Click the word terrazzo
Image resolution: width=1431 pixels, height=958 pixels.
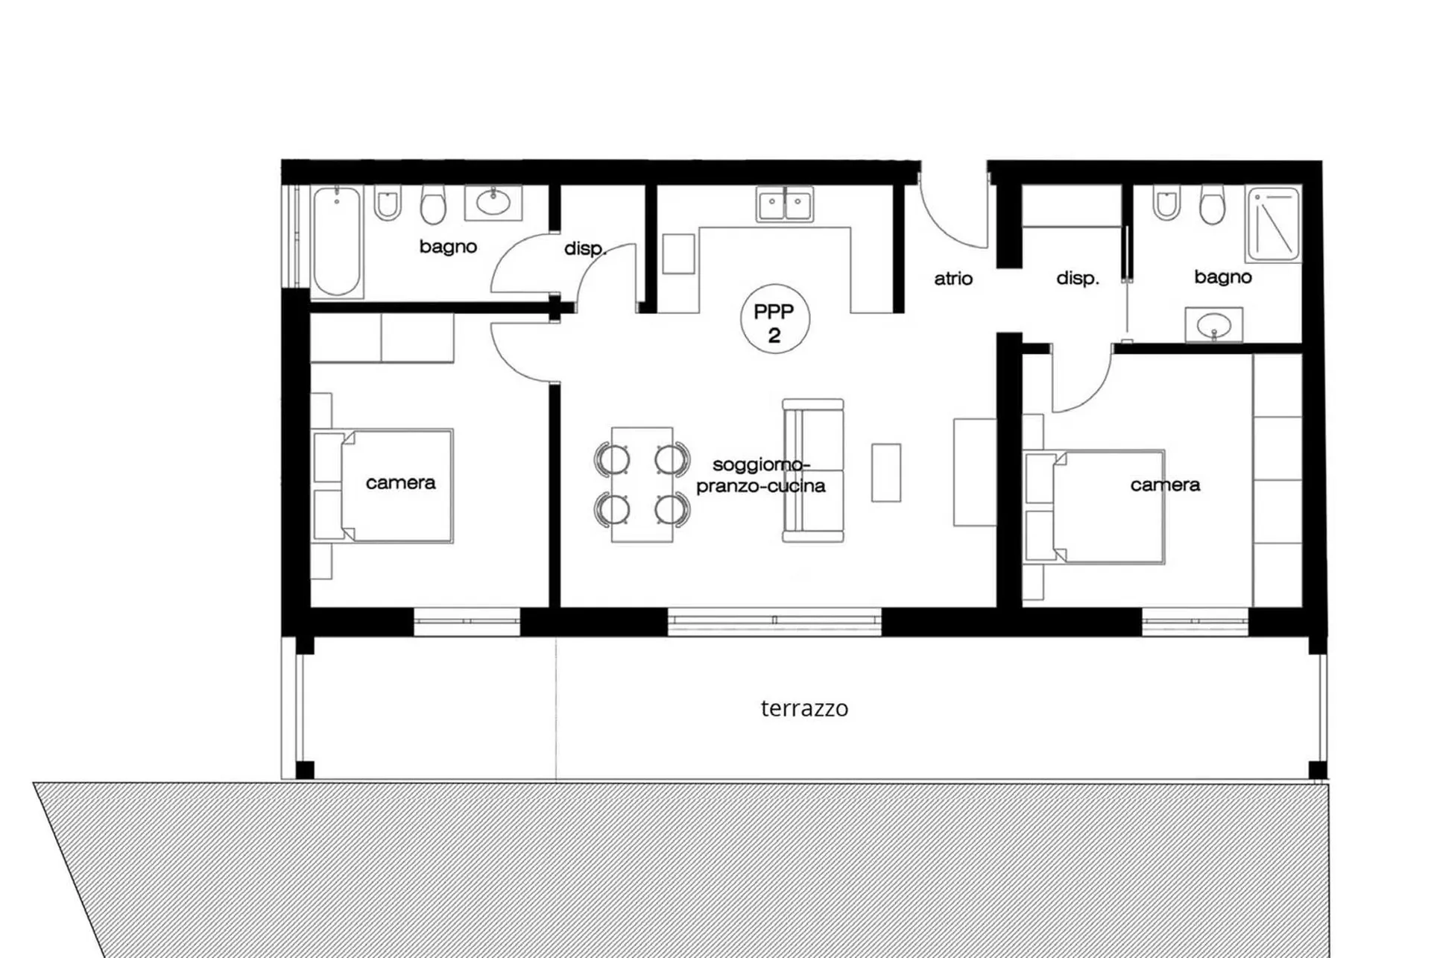pos(804,708)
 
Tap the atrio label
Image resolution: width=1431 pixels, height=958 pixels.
pos(953,279)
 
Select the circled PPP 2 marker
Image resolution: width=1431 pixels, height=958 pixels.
pos(774,319)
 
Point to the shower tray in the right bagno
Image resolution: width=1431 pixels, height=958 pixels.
pos(1274,224)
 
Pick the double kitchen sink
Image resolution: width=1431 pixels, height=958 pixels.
pos(785,204)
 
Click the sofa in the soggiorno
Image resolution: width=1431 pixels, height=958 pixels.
pos(813,470)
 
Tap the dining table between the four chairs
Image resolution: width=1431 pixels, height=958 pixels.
pos(642,485)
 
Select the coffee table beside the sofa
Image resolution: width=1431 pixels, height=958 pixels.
pos(886,473)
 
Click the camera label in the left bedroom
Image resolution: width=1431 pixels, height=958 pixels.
pos(400,483)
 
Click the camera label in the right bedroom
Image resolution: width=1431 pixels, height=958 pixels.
pos(1165,485)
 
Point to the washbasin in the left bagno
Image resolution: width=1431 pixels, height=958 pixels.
pos(493,203)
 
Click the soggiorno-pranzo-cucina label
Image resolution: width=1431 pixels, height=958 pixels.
pos(761,476)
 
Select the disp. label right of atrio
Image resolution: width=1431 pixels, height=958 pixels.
pos(1078,279)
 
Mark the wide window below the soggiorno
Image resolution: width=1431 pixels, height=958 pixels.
pos(774,621)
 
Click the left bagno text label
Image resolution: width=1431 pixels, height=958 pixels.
pos(448,247)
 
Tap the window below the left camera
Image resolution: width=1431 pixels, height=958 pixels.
pos(467,622)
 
